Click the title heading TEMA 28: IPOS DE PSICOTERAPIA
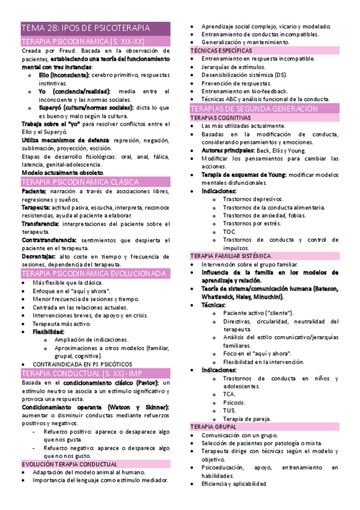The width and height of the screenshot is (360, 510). pyautogui.click(x=85, y=28)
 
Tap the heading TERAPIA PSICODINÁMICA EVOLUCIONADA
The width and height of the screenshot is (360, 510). pyautogui.click(x=93, y=273)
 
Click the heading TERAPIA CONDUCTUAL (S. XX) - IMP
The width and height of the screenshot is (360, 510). pyautogui.click(x=89, y=373)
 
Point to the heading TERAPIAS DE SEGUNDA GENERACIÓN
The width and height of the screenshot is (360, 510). pyautogui.click(x=253, y=109)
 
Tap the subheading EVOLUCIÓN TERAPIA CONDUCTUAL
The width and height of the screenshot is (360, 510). pyautogui.click(x=69, y=464)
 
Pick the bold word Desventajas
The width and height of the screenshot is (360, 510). pyautogui.click(x=38, y=256)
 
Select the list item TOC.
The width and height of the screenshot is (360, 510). pyautogui.click(x=230, y=232)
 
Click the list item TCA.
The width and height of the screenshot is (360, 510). pyautogui.click(x=228, y=394)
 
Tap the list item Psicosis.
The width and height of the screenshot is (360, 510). pyautogui.click(x=234, y=402)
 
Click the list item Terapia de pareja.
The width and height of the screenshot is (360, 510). pyautogui.click(x=246, y=419)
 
